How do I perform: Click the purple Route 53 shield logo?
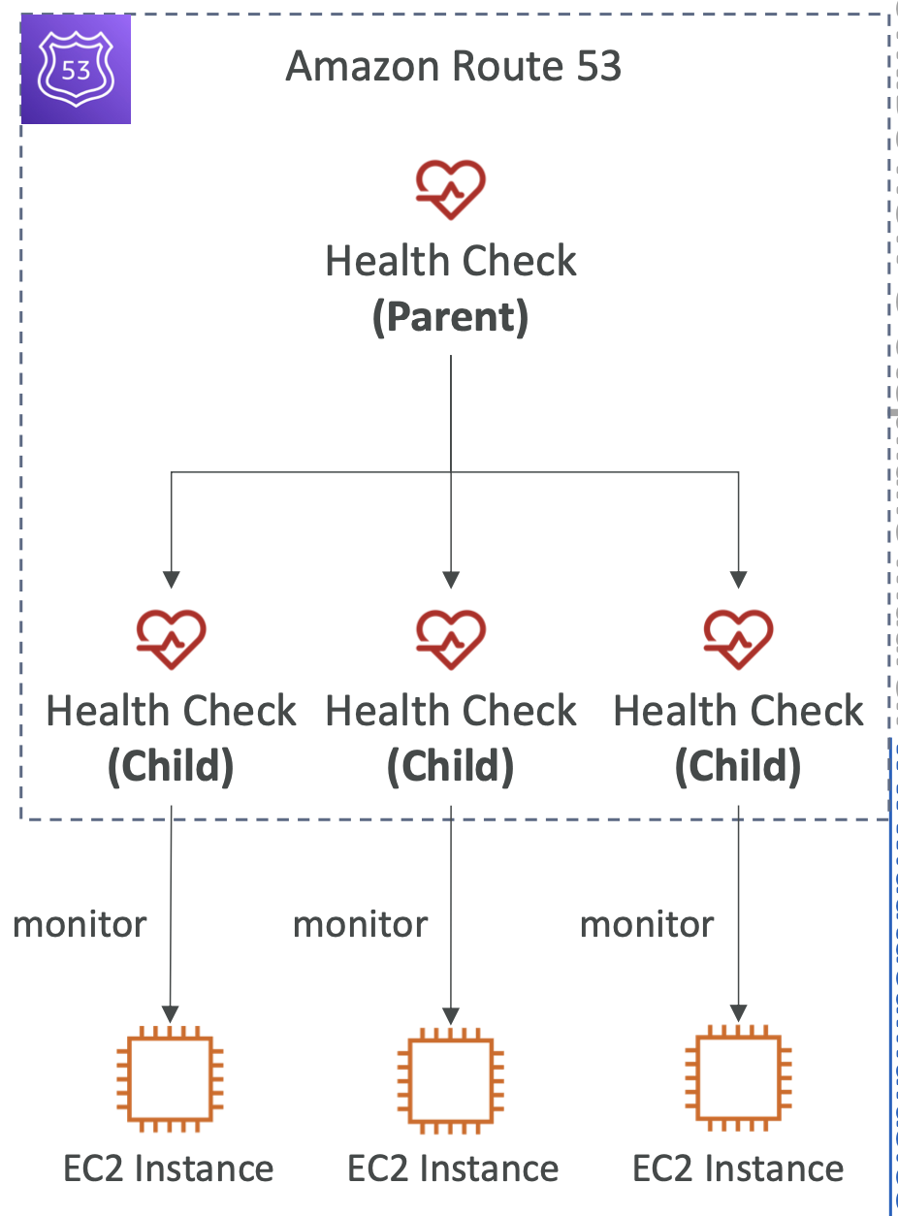(76, 69)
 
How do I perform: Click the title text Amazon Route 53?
(453, 66)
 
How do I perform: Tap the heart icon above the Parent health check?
(451, 190)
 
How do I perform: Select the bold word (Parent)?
(451, 317)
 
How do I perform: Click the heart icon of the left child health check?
(171, 639)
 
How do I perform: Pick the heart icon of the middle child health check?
(451, 639)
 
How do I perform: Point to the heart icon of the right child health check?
(738, 639)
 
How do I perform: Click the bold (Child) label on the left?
(171, 766)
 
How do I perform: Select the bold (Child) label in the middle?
(451, 766)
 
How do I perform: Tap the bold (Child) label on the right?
(738, 766)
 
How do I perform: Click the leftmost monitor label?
(80, 925)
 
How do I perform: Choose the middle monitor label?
(360, 925)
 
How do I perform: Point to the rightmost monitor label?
(647, 925)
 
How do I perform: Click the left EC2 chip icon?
(170, 1079)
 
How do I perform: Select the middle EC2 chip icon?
(451, 1080)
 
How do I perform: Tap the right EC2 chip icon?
(738, 1078)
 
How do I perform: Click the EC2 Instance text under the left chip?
(169, 1168)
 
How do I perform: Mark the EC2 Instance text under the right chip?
(738, 1168)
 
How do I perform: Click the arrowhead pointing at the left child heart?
(171, 580)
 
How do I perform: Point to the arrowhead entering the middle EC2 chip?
(451, 1016)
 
